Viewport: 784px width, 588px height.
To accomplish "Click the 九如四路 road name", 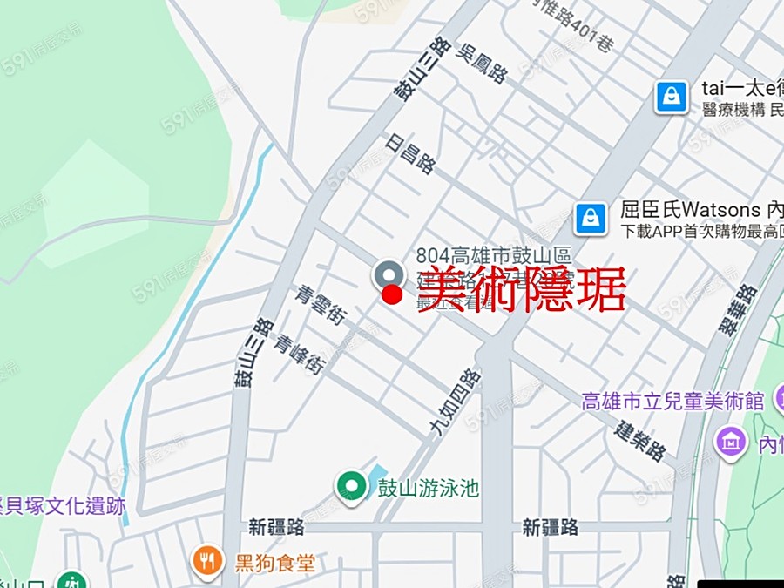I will point(455,402).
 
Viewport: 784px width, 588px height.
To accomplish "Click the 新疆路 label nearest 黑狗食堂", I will point(276,527).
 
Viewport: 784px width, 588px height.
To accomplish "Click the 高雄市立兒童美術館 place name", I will point(672,402).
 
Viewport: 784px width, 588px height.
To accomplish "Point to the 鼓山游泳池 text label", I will point(428,487).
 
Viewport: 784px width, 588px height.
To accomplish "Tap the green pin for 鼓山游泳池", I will point(351,485).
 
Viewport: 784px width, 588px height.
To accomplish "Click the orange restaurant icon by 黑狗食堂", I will point(207,560).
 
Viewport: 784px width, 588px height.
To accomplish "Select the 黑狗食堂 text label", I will point(274,562).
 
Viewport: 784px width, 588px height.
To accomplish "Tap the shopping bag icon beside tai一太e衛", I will point(672,96).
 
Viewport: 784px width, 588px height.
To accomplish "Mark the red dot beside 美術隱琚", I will point(393,294).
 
